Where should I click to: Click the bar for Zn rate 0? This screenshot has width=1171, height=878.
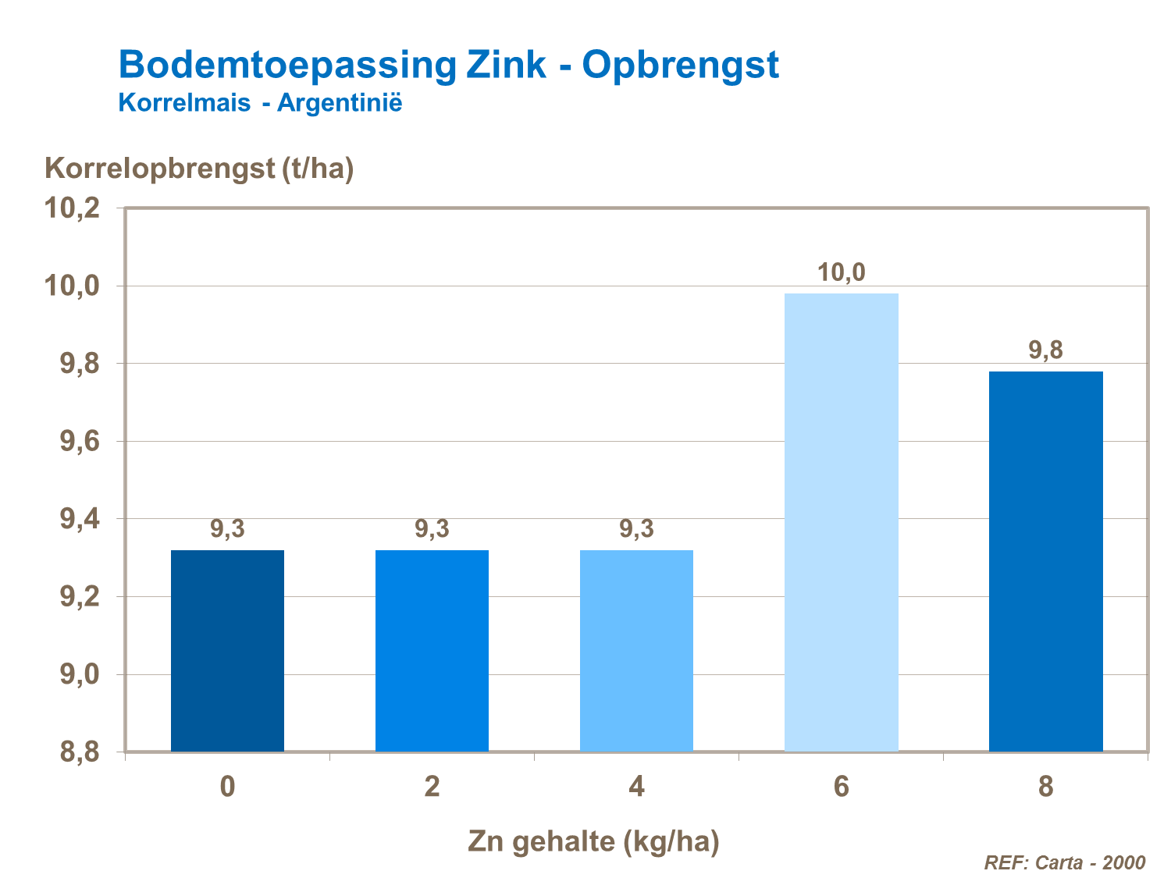227,651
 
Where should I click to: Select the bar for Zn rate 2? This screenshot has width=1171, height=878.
432,651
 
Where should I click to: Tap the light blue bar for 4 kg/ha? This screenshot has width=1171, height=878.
636,651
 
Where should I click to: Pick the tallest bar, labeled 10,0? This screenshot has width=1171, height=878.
841,522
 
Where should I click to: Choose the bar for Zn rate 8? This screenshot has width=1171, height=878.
1045,561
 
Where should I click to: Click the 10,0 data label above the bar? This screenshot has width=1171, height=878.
841,272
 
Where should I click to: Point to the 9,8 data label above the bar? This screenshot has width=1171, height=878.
1045,350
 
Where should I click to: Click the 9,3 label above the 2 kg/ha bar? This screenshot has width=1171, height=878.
432,529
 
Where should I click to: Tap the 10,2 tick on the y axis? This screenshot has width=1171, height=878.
72,208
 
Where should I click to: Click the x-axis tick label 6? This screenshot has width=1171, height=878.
841,787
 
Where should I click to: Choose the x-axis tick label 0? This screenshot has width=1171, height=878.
227,787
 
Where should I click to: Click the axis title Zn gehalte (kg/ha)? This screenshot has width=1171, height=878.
593,841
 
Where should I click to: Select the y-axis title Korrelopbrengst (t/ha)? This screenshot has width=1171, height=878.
199,168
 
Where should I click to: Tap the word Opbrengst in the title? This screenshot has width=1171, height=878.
680,65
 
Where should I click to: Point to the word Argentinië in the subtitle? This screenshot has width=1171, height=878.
340,103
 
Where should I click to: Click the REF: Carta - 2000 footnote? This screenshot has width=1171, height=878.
1064,862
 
